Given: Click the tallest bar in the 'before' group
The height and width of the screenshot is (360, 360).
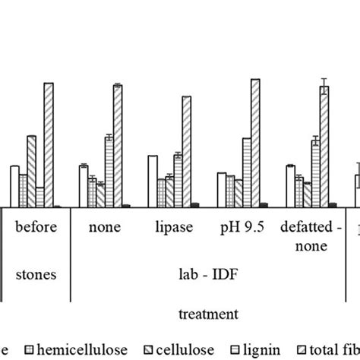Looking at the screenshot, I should tap(49, 144).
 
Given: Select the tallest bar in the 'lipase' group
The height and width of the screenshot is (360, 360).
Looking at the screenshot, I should tap(186, 151).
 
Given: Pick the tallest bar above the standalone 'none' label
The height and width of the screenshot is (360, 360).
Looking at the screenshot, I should tap(118, 145).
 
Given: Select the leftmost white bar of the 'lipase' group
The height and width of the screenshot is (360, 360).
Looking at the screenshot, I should tap(152, 180).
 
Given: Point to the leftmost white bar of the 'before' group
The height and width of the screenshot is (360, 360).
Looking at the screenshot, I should tap(14, 185).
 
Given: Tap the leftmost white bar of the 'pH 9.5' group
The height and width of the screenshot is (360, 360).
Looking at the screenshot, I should tap(221, 189).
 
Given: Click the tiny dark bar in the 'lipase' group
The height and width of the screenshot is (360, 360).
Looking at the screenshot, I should tap(195, 204).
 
